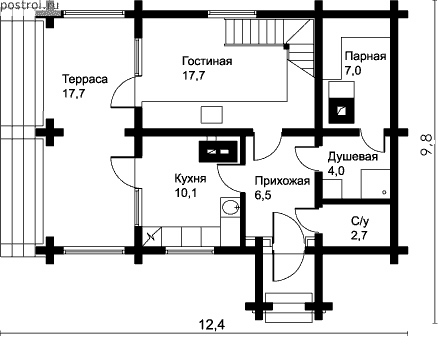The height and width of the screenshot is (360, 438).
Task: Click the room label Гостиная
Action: (x=207, y=61)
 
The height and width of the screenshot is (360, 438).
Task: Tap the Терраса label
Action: (x=85, y=79)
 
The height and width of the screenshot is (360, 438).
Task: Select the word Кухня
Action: (x=190, y=179)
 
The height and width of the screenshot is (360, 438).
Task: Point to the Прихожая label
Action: (x=282, y=181)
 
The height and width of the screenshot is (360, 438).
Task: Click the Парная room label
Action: (x=366, y=56)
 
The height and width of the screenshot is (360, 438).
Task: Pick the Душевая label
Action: (x=353, y=157)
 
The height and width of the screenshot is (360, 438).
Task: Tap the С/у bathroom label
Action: (x=360, y=221)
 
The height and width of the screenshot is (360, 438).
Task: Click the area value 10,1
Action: (x=186, y=193)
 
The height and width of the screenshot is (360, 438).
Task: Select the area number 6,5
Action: (x=263, y=195)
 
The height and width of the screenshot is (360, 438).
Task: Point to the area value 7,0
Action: (x=353, y=71)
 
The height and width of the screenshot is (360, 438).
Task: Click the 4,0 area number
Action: (x=336, y=171)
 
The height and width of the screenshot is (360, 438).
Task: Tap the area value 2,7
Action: (x=359, y=235)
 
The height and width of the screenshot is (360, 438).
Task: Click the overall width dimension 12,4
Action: (x=212, y=324)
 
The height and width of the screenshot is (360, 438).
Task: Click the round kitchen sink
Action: (x=230, y=207)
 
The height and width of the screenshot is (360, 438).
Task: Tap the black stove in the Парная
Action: (x=341, y=110)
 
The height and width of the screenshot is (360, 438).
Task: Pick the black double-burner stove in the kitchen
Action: (x=219, y=152)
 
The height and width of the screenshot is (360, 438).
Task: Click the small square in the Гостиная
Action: (x=212, y=115)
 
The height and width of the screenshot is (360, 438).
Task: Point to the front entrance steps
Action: (x=289, y=307)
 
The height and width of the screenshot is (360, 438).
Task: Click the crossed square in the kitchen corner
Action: (x=152, y=236)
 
